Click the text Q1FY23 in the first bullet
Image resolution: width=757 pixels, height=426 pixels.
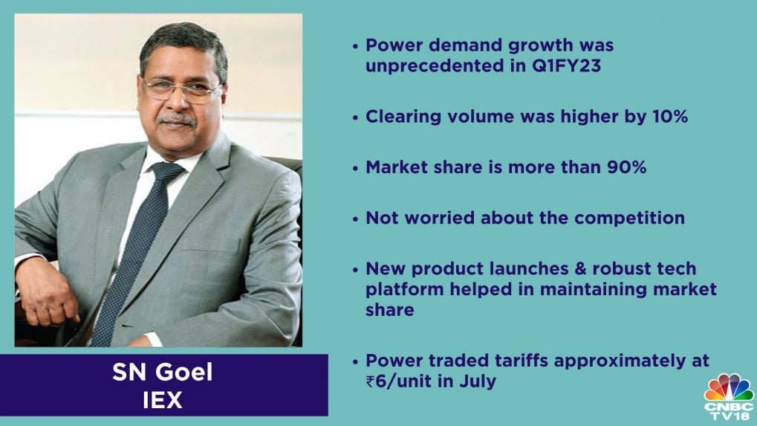coord(566,65)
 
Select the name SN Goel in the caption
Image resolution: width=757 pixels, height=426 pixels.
coord(162,372)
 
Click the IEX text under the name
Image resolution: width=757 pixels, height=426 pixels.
coord(163,400)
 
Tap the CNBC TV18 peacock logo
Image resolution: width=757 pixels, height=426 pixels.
coord(729,396)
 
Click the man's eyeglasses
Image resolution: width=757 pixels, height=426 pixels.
coord(182,90)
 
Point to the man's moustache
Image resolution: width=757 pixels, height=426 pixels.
coord(176,118)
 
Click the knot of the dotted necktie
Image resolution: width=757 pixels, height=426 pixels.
coord(166,172)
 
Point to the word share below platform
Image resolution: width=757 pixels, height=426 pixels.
coord(389,310)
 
